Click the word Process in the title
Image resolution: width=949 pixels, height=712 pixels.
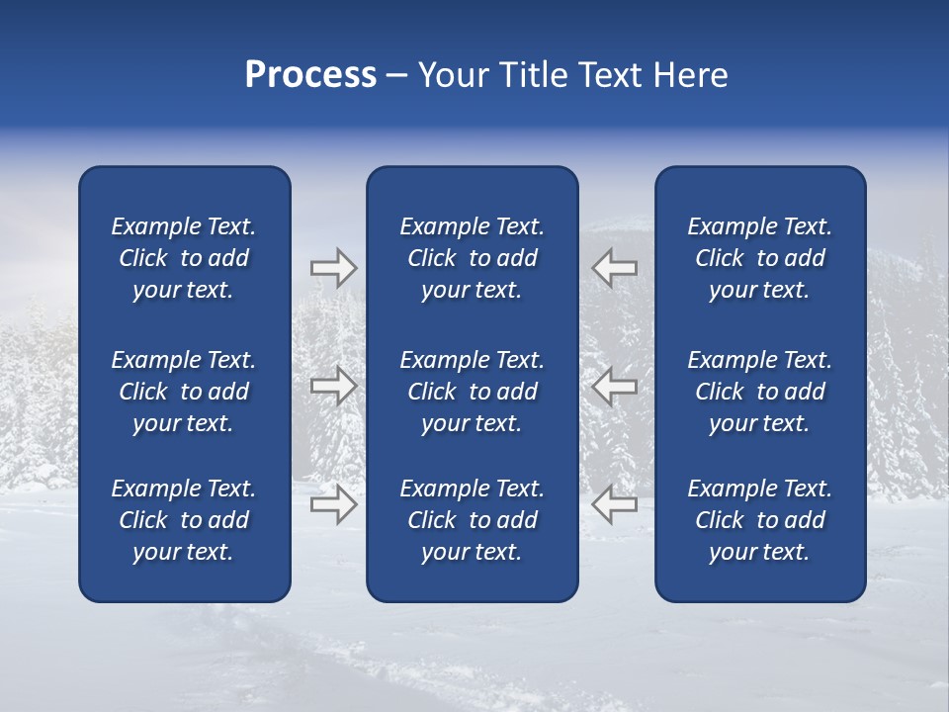pyautogui.click(x=310, y=75)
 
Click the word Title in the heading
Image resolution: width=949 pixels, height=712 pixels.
pyautogui.click(x=533, y=75)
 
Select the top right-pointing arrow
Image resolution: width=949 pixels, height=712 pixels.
pyautogui.click(x=333, y=268)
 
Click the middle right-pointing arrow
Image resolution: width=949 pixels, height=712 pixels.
pyautogui.click(x=333, y=386)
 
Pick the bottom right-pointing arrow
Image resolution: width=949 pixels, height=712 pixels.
pyautogui.click(x=333, y=504)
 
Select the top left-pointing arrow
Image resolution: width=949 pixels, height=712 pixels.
pyautogui.click(x=614, y=268)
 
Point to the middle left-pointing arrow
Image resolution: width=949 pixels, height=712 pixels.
pyautogui.click(x=614, y=386)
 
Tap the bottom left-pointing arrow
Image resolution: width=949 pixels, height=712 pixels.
pyautogui.click(x=614, y=504)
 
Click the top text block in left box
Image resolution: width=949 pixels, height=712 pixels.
pyautogui.click(x=184, y=258)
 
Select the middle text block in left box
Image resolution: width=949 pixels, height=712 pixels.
pyautogui.click(x=184, y=392)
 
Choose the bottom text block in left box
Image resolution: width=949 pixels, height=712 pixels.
pyautogui.click(x=184, y=520)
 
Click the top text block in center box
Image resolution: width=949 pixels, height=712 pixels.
pyautogui.click(x=472, y=258)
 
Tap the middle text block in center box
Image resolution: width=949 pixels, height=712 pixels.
pyautogui.click(x=472, y=392)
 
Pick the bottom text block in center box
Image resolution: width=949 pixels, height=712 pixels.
pyautogui.click(x=472, y=520)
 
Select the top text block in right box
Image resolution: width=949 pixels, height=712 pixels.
pyautogui.click(x=759, y=258)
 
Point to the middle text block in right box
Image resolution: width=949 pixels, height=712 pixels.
pyautogui.click(x=759, y=392)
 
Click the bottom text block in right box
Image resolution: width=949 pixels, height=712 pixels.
pyautogui.click(x=759, y=520)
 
